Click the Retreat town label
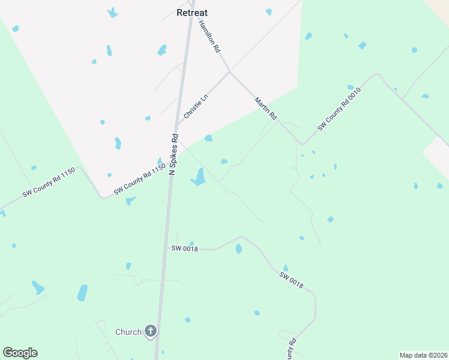pos(192,12)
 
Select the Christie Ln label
pos(195,105)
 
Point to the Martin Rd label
pos(265,108)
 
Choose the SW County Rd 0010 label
pos(339,109)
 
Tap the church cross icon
pos(151,331)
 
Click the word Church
pos(128,332)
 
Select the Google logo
pos(20,353)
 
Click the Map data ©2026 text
pos(423,355)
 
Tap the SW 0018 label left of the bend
pos(184,248)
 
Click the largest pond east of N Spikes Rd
pos(199,177)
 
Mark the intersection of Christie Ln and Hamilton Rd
pos(229,73)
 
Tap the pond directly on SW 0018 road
pos(239,248)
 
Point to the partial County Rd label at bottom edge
pos(292,350)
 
